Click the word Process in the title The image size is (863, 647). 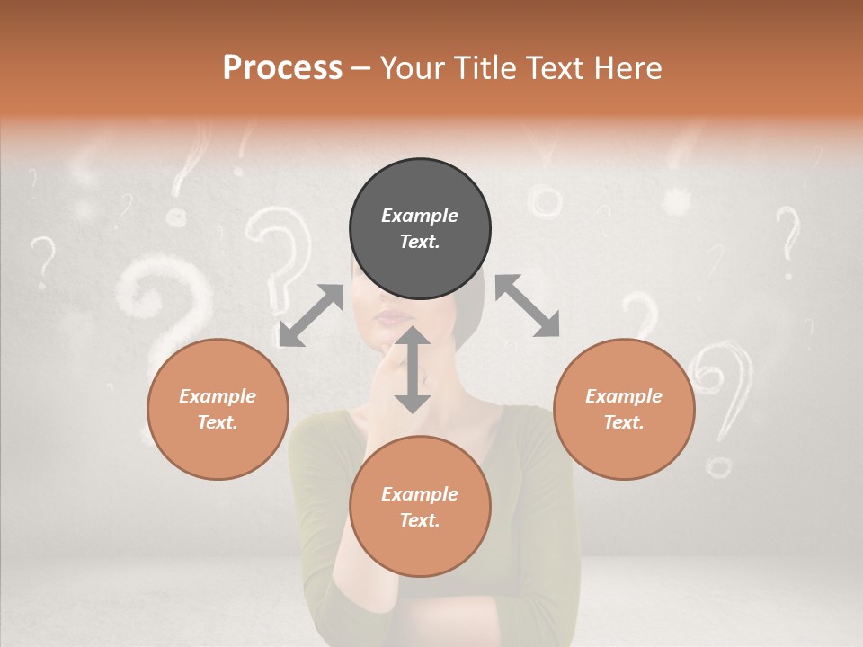(282, 68)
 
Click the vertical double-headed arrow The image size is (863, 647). (413, 370)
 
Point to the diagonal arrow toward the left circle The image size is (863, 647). (311, 315)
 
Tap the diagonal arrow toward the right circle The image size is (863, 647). (528, 306)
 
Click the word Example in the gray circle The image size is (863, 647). (420, 216)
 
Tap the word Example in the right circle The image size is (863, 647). (623, 396)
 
